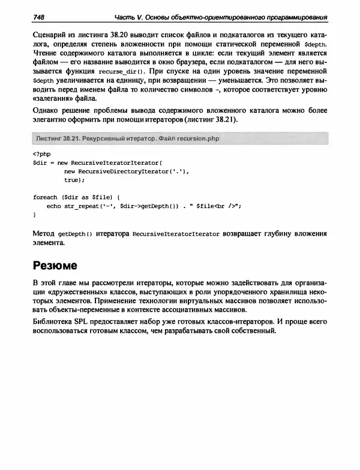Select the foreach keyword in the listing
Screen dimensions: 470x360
click(x=45, y=197)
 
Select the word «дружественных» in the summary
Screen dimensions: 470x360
click(x=75, y=293)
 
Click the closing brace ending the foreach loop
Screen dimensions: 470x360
click(x=34, y=215)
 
